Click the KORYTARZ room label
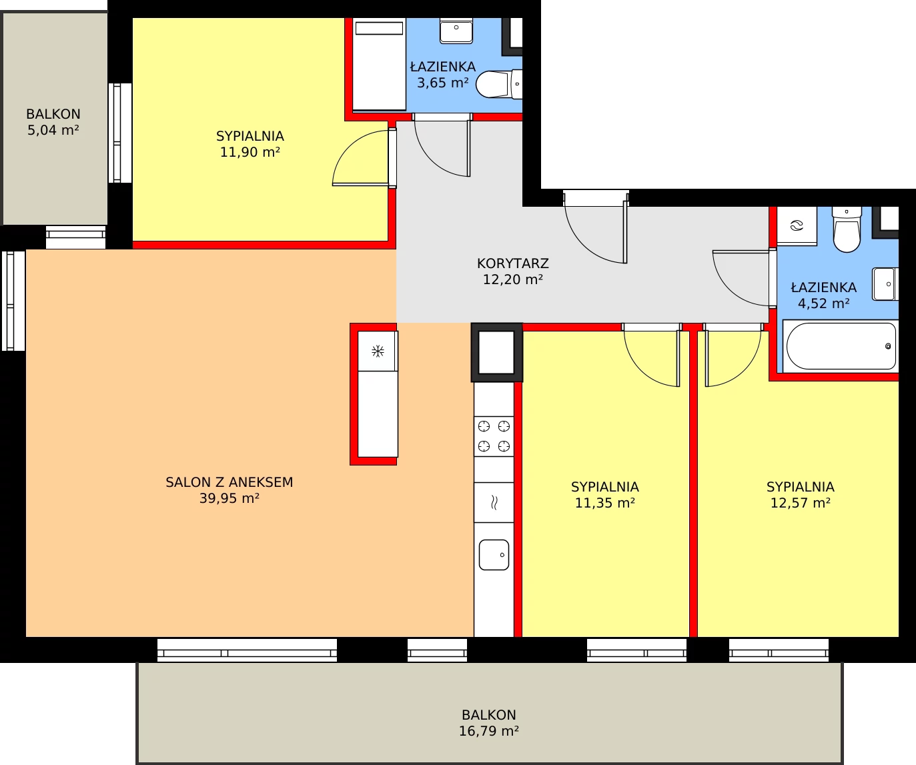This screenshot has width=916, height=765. tap(513, 263)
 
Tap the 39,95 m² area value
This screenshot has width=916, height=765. tap(230, 498)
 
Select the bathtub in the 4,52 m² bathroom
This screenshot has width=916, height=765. tap(841, 347)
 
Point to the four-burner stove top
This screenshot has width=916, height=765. tap(494, 436)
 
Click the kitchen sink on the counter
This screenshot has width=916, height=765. tap(494, 555)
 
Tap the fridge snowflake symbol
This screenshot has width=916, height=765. tap(378, 351)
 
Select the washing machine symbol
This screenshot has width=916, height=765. tap(797, 226)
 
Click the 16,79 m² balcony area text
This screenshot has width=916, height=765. tap(489, 731)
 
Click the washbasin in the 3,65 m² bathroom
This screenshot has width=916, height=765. tap(456, 31)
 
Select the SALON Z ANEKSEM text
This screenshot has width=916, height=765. tap(229, 482)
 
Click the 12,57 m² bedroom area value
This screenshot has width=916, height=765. tap(800, 503)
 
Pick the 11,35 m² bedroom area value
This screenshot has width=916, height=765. tap(605, 503)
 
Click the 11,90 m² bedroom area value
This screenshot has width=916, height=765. tap(250, 152)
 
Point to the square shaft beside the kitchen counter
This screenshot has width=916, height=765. tap(496, 353)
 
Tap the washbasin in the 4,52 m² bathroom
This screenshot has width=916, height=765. tap(885, 284)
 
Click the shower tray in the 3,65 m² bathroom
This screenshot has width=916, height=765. tap(379, 64)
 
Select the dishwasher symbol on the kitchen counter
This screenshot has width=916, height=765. tap(494, 503)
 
